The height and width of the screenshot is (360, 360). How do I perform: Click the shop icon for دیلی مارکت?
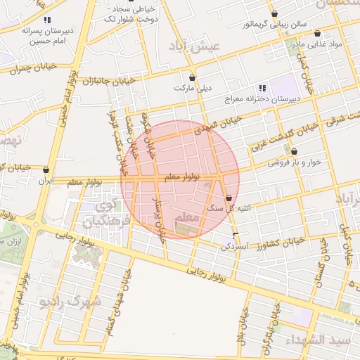(193, 77)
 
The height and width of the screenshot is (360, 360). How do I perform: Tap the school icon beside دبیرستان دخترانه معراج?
(262, 88)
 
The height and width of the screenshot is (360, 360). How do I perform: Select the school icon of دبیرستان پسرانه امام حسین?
(47, 20)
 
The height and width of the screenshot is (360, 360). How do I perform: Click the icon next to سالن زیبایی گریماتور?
(274, 13)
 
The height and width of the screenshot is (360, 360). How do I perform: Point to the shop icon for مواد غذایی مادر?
(317, 33)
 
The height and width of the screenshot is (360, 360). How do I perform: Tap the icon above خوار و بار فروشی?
(294, 151)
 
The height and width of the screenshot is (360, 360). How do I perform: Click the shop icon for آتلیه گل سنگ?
(230, 198)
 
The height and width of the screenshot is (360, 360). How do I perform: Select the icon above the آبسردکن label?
(236, 234)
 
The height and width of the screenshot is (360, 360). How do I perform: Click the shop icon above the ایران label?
(46, 169)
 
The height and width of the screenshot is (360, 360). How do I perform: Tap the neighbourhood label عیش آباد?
(195, 46)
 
